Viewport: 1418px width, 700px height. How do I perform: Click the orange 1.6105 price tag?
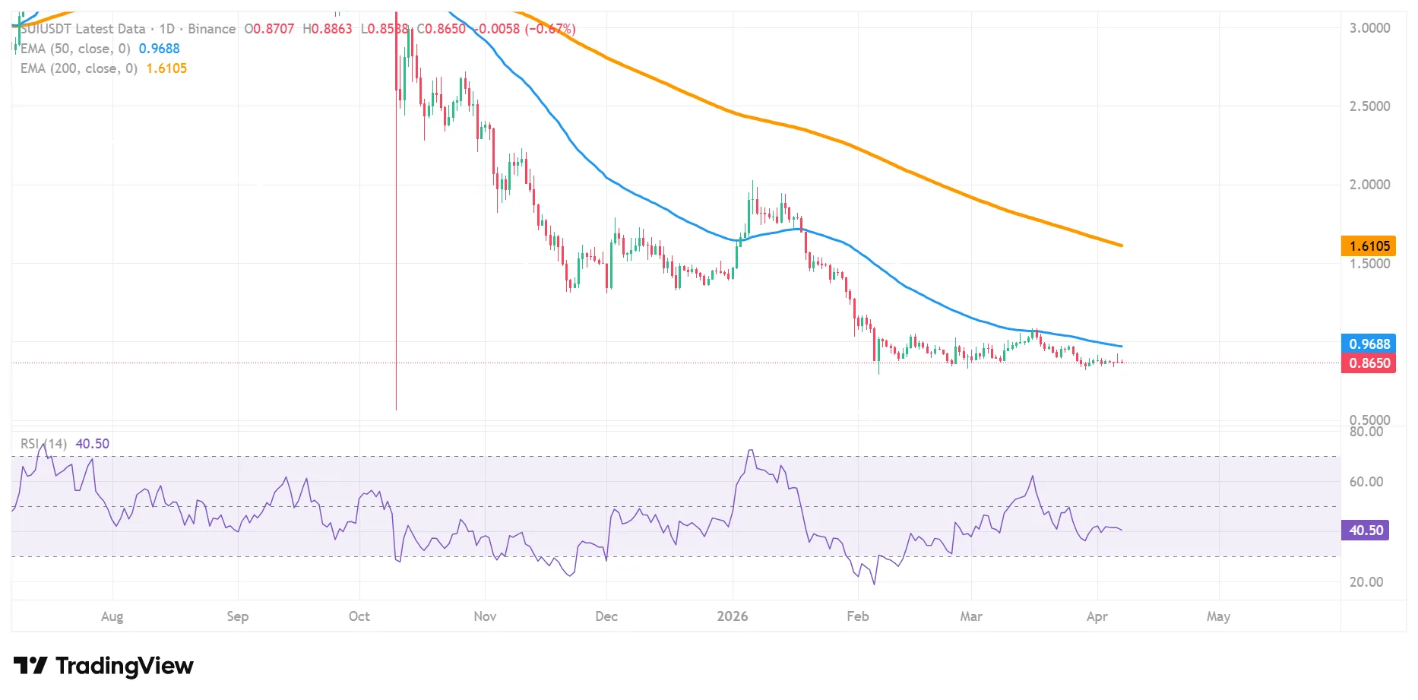(x=1369, y=245)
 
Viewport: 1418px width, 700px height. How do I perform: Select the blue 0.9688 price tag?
(x=1369, y=344)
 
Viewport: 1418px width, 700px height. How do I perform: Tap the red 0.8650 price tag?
(x=1369, y=363)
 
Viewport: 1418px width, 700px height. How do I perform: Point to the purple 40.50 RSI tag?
(x=1365, y=530)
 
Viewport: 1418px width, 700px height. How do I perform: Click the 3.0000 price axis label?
(x=1369, y=28)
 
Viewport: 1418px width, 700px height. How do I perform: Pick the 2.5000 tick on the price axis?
(x=1369, y=106)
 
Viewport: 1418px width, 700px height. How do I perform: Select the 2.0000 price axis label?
(x=1369, y=185)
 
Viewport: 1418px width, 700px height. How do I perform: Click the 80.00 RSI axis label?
(x=1366, y=432)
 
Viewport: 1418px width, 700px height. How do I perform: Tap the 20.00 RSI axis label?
(x=1366, y=582)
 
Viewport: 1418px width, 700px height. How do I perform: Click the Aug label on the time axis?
(x=112, y=616)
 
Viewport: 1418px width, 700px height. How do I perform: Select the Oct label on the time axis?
(x=359, y=616)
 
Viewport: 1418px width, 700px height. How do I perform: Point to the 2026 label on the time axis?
(x=732, y=616)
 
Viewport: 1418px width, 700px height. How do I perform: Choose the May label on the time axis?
(x=1218, y=616)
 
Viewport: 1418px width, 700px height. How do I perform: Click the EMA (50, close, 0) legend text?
(x=75, y=49)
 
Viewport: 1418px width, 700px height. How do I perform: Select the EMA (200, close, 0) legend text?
(x=79, y=68)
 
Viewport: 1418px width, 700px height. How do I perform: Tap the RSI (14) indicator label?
(x=43, y=444)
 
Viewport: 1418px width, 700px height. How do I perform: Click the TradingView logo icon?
(x=31, y=666)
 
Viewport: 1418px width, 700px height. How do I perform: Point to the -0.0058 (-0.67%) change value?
(x=525, y=29)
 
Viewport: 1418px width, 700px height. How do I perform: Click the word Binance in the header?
(x=211, y=29)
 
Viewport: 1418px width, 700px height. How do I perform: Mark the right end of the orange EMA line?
(x=1122, y=245)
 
